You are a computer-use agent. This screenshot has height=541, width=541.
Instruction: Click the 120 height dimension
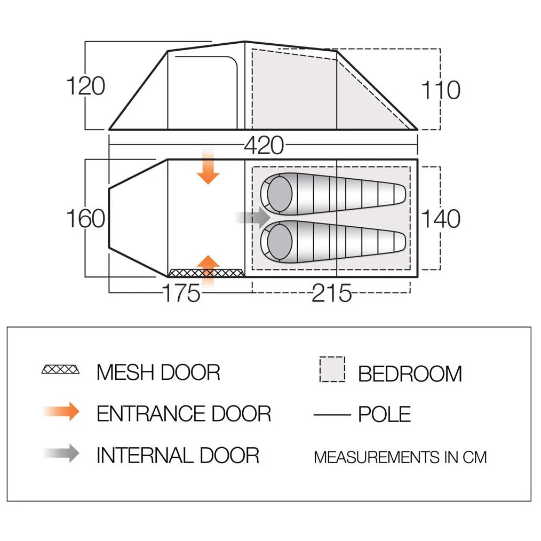point(85,85)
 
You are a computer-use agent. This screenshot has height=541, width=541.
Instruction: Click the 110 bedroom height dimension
point(441,90)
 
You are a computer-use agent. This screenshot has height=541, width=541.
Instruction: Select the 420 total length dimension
point(264,145)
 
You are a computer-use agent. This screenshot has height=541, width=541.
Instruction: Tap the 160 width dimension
point(85,218)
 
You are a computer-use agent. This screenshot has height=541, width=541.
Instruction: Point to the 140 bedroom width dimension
point(441,218)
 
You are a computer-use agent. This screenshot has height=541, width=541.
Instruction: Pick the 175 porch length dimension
point(181,293)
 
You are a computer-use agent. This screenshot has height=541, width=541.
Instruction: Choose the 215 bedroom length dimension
point(331,293)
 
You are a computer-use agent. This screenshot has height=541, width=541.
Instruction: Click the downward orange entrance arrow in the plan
point(208,167)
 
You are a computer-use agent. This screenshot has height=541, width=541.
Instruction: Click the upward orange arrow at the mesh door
point(208,271)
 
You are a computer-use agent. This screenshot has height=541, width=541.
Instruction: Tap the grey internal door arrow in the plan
point(253,218)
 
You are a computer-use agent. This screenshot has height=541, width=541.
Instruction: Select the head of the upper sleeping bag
point(279,194)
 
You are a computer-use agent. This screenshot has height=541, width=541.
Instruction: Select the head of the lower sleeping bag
point(279,242)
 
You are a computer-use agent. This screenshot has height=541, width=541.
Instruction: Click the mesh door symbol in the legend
point(60,370)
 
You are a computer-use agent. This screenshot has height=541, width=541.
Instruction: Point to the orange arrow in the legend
point(61,411)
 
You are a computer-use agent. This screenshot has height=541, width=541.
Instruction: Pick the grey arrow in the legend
point(61,453)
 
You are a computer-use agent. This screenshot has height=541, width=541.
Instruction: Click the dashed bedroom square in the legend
point(332,369)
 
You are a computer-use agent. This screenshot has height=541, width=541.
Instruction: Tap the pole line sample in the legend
point(332,415)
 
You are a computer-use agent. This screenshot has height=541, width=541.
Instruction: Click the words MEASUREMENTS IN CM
point(400,458)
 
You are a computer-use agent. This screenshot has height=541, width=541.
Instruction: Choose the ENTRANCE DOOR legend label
point(184,413)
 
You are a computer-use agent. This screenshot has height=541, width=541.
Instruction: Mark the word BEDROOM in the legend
point(410,373)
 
